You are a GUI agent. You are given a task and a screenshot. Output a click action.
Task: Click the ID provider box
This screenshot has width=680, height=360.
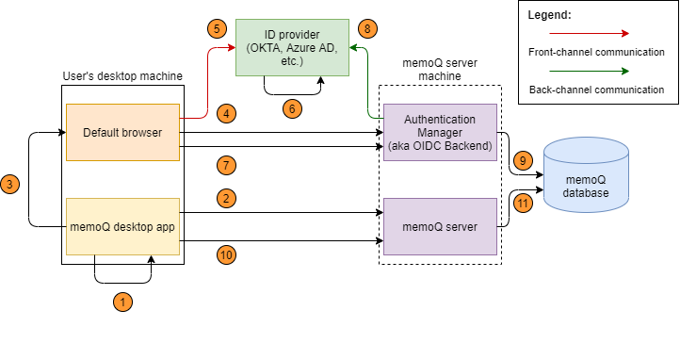(x=292, y=47)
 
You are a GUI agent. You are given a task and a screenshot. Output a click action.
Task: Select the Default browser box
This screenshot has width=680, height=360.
(x=122, y=132)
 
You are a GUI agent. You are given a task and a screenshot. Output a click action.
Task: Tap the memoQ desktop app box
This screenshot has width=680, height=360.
(x=122, y=227)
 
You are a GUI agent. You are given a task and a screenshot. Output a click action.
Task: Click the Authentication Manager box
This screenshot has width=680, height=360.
(x=440, y=132)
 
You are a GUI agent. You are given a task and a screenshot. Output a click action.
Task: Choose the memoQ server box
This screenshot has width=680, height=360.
(x=440, y=227)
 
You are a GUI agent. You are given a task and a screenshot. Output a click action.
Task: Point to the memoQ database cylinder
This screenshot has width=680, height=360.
(x=586, y=179)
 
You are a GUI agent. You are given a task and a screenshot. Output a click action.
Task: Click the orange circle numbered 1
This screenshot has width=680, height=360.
(x=122, y=303)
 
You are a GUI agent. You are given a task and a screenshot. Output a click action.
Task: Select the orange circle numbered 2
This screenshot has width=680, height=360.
(x=226, y=199)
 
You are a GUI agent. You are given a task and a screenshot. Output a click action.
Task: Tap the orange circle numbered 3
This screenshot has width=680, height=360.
(x=9, y=185)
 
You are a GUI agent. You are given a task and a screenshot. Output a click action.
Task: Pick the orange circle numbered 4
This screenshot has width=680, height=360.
(x=226, y=113)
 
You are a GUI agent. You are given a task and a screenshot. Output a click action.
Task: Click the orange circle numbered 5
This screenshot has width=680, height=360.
(x=217, y=29)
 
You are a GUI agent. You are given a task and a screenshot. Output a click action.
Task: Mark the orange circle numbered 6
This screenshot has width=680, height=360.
(x=292, y=109)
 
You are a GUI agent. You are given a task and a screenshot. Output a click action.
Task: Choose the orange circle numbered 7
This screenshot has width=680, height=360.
(x=226, y=166)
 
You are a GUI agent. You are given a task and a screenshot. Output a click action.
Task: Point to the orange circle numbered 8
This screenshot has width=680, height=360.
(x=367, y=29)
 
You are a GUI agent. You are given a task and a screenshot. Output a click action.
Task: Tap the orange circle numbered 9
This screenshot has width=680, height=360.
(x=524, y=161)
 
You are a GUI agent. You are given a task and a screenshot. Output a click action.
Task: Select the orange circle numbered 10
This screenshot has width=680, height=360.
(x=226, y=254)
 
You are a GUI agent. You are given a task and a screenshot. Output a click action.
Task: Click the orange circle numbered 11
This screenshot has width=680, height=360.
(x=524, y=203)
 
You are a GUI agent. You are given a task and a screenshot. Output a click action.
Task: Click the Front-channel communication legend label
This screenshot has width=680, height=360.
(x=595, y=53)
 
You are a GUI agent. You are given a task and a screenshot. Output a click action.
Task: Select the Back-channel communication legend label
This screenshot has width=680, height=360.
(x=595, y=90)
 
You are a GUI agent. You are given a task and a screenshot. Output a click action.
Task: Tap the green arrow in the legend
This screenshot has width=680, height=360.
(x=595, y=71)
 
